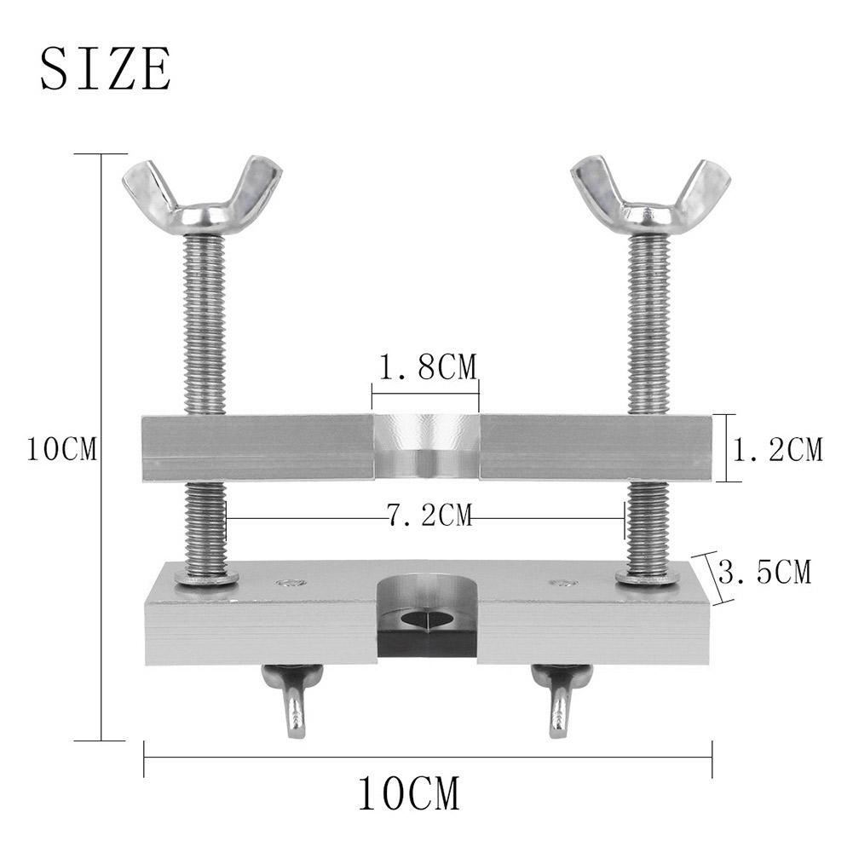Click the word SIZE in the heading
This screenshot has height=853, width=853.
[x=106, y=69]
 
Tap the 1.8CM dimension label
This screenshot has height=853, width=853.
[x=427, y=367]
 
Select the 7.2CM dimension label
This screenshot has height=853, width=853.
[x=429, y=515]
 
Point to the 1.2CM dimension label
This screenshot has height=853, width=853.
[x=778, y=450]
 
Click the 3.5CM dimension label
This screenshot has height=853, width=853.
[x=764, y=572]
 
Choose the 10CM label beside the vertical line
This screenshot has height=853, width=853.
[x=62, y=449]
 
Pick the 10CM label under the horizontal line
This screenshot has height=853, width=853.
[x=408, y=794]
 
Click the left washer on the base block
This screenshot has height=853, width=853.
[x=207, y=579]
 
